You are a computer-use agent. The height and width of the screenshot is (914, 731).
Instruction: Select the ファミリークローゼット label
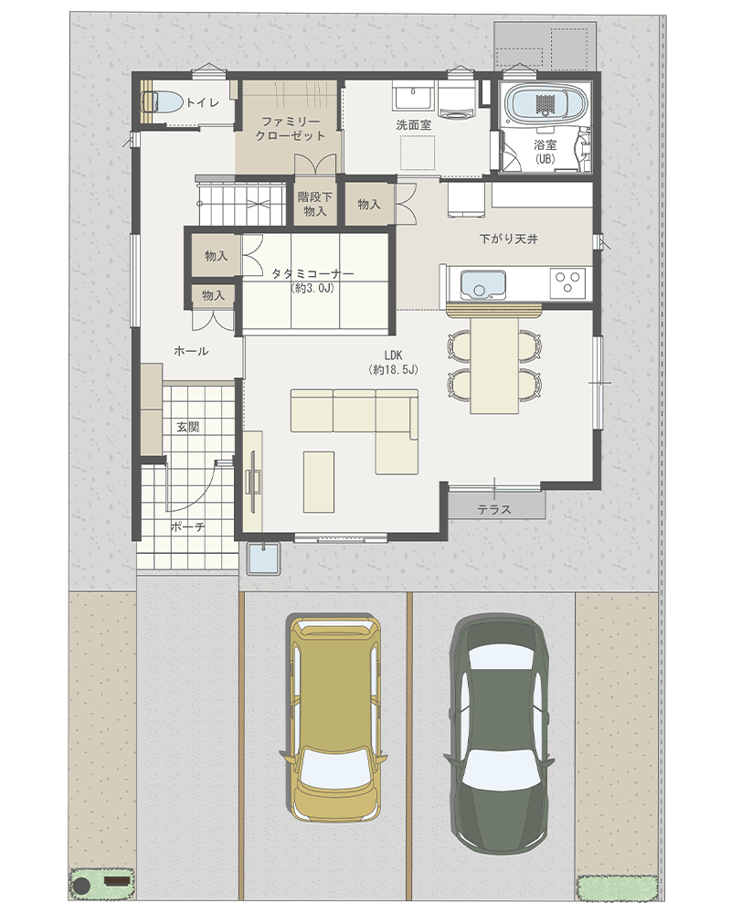coord(291,129)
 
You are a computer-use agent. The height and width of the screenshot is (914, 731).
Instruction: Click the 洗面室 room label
coord(413,124)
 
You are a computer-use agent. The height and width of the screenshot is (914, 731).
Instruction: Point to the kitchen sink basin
coord(482,284)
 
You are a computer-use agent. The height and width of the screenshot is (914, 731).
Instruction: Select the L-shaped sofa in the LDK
coord(355,430)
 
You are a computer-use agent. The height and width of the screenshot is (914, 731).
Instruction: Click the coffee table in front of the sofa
coord(319,482)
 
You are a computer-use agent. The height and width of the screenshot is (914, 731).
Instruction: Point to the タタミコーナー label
coord(313,273)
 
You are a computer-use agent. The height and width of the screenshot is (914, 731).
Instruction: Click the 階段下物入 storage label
coord(314,204)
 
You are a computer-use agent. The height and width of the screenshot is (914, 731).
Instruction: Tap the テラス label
coord(494,509)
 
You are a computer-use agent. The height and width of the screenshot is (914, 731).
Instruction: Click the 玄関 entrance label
coord(188,427)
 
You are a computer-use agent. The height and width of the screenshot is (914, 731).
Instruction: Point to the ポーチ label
coord(187,527)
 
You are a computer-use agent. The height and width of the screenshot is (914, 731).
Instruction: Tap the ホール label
coord(191,351)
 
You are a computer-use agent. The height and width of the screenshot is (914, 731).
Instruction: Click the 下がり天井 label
coord(508,239)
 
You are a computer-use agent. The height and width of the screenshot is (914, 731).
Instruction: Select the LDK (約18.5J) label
coord(394,362)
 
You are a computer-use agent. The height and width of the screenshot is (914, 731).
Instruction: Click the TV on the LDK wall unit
coord(254,482)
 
